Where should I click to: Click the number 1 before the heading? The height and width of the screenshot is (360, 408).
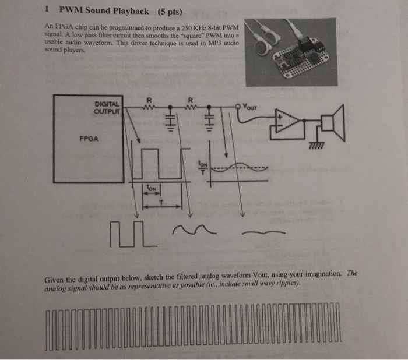click(x=46, y=10)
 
